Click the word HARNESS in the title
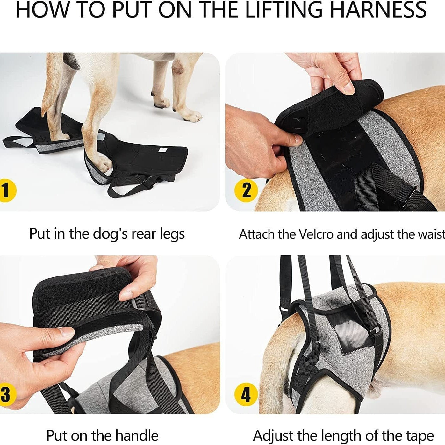click(x=378, y=10)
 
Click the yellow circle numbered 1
click(x=6, y=191)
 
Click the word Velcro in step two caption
click(x=316, y=234)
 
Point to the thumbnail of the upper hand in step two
click(x=348, y=87)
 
